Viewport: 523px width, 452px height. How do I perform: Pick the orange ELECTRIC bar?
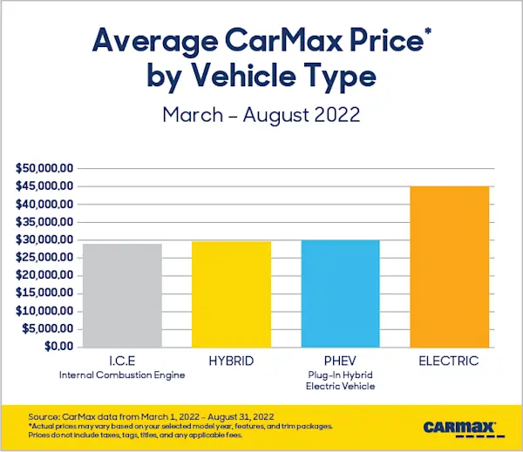pos(451,266)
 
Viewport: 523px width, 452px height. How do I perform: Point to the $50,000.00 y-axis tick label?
pos(44,168)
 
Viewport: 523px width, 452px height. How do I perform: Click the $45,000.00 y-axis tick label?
pos(44,186)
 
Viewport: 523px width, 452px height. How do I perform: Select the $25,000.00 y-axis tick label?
pos(44,258)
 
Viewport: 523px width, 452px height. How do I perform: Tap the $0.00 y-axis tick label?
pos(58,347)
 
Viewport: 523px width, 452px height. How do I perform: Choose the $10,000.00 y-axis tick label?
pos(44,311)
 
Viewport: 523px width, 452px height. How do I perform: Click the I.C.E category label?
pos(122,361)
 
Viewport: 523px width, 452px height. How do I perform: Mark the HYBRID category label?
pos(232,361)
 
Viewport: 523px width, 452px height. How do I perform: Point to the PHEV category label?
pos(342,361)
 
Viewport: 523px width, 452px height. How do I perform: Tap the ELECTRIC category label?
pos(451,361)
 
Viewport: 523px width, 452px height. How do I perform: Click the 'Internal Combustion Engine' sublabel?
pos(122,375)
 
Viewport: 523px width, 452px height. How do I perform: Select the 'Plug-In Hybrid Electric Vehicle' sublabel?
pos(342,381)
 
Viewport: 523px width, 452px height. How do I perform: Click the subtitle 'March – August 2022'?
pos(261,115)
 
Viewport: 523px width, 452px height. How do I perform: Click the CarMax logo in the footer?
pos(459,428)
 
